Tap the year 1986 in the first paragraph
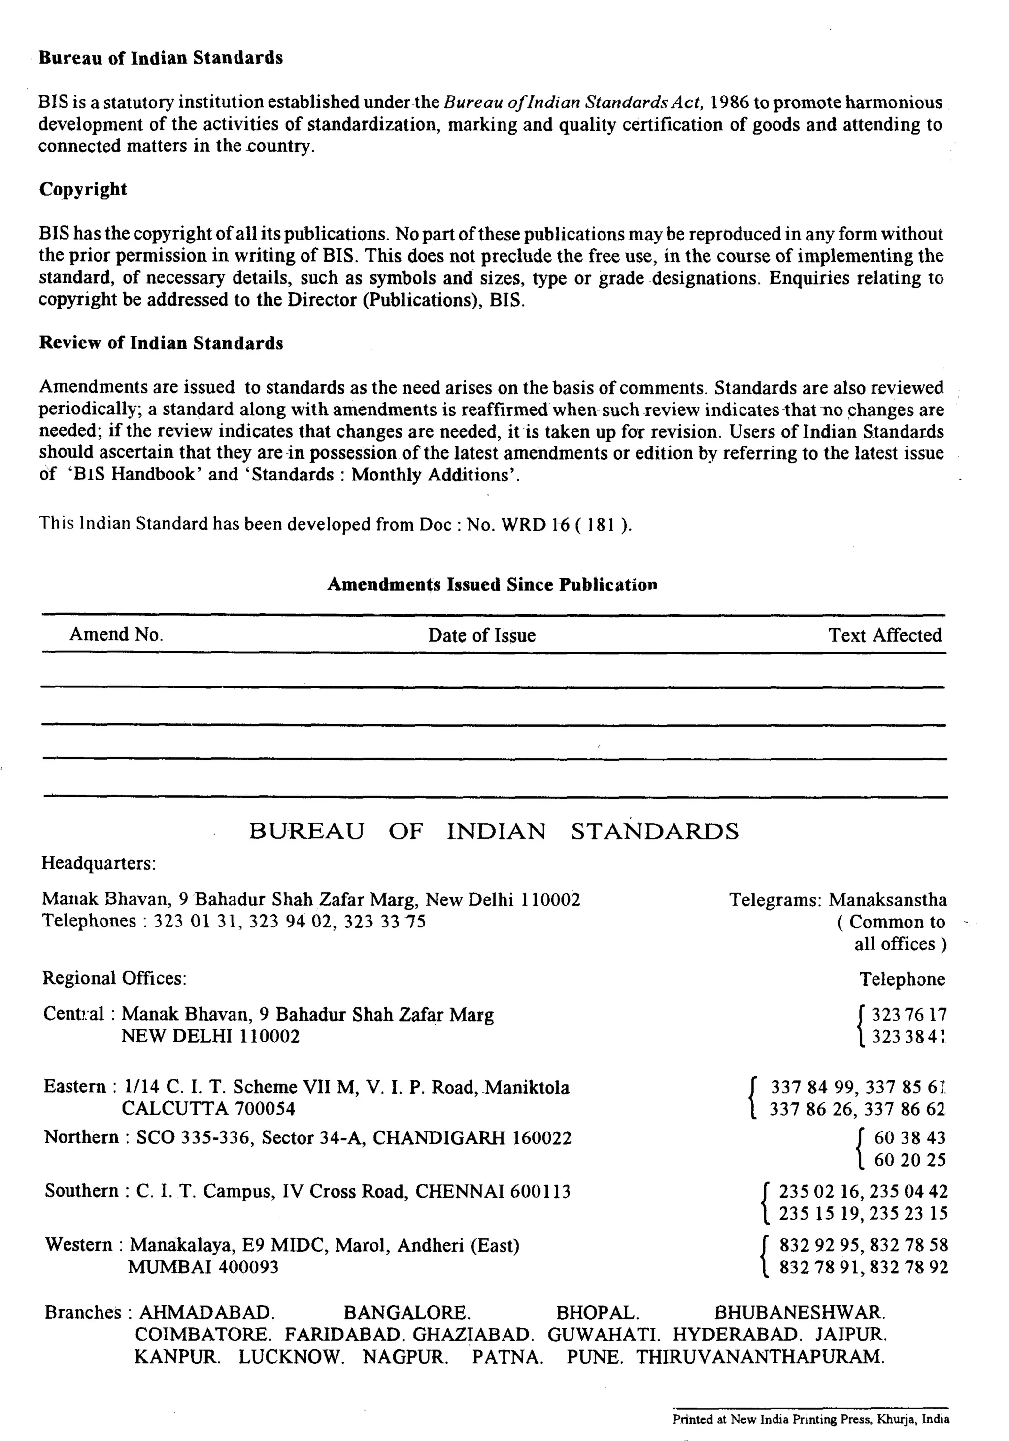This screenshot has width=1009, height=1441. pos(729,103)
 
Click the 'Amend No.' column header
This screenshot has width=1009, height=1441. pos(116,635)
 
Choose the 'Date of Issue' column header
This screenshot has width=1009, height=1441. pos(481,635)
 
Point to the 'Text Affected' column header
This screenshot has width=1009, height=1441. pos(885,635)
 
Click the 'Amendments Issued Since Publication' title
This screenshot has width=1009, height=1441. pos(492,584)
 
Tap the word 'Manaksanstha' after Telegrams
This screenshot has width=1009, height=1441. pos(887,900)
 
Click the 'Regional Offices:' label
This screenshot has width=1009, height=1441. pos(114,978)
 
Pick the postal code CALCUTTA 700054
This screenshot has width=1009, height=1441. pos(208,1108)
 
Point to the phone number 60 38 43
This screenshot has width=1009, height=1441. pos(910,1138)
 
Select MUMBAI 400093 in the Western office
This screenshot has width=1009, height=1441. pos(203,1267)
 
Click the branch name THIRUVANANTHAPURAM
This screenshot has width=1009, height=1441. pos(761,1357)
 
